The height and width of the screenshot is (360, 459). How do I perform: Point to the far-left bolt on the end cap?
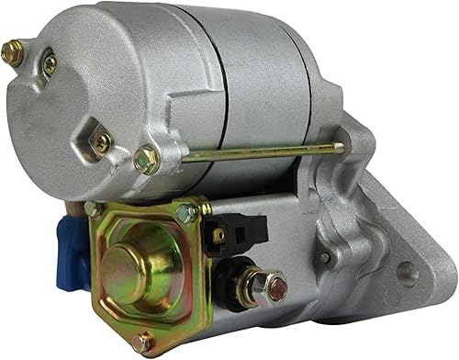(12, 53)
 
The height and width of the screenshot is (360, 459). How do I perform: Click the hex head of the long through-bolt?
(145, 161)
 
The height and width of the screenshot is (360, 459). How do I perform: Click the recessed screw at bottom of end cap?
(102, 142)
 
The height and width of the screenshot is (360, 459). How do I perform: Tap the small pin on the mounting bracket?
(325, 258)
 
